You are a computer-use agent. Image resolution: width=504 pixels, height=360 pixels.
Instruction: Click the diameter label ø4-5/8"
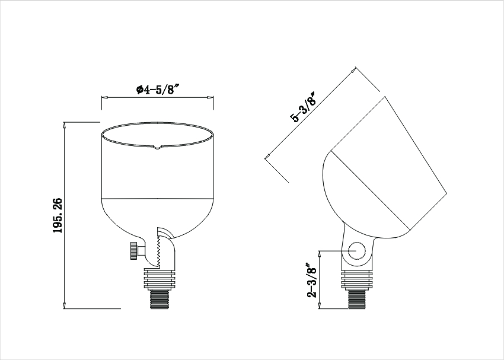click(x=157, y=89)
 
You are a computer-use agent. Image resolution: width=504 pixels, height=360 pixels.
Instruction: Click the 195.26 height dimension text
click(x=58, y=215)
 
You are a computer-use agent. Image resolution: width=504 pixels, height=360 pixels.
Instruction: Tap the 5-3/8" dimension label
click(x=304, y=107)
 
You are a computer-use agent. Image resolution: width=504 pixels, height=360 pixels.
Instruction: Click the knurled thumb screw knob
click(x=133, y=251)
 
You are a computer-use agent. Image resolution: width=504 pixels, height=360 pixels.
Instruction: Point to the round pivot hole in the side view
click(x=357, y=251)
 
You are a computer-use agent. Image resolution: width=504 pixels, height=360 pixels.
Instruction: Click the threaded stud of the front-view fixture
click(x=160, y=300)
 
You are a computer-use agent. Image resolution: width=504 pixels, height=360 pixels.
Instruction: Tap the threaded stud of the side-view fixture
click(x=357, y=300)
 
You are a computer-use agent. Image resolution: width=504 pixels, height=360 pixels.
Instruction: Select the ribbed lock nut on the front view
click(x=160, y=279)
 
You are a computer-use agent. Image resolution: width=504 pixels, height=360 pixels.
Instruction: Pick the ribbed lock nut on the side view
click(x=357, y=280)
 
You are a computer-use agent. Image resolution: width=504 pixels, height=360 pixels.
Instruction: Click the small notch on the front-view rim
click(x=157, y=147)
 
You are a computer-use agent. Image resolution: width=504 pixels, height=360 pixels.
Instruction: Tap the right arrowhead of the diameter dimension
click(x=210, y=98)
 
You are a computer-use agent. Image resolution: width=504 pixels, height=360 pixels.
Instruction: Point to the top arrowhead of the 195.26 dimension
click(x=65, y=125)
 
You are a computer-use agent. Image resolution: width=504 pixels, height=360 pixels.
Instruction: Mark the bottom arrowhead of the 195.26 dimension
click(x=65, y=305)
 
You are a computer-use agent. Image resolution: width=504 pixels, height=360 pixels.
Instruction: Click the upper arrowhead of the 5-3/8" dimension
click(x=353, y=70)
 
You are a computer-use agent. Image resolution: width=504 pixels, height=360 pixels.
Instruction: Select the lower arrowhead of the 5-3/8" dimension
click(x=267, y=156)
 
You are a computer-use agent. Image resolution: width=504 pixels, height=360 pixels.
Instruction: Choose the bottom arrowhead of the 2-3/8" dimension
click(x=319, y=305)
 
